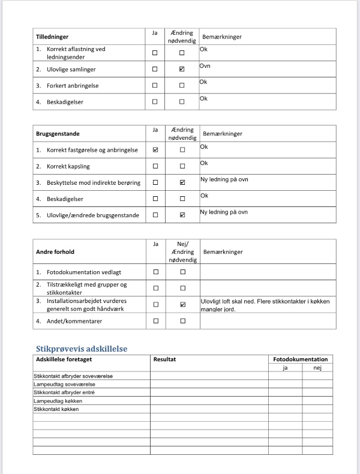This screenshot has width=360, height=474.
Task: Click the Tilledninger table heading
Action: pos(52,37)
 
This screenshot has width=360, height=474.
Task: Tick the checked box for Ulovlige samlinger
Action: pos(182,70)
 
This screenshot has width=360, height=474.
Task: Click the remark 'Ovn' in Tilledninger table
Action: pos(205,65)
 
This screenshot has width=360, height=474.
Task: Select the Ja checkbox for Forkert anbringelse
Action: pos(155,86)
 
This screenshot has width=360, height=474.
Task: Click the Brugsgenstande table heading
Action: pos(58,133)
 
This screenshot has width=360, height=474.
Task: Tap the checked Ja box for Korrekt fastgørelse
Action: pos(155,150)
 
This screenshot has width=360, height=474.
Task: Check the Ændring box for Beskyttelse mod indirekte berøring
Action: pos(182,182)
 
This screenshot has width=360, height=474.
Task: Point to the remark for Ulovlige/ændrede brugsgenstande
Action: pos(224,212)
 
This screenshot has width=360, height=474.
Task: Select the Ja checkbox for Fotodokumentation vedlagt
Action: pos(155,272)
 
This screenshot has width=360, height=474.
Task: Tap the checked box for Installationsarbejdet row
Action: pos(182,305)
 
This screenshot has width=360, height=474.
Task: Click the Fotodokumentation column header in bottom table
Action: pos(300,359)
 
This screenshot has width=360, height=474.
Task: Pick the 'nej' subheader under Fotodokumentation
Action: pos(317,368)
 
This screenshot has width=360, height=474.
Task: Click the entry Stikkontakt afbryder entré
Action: pos(65,392)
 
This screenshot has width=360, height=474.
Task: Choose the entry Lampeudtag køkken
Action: pos(58,401)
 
